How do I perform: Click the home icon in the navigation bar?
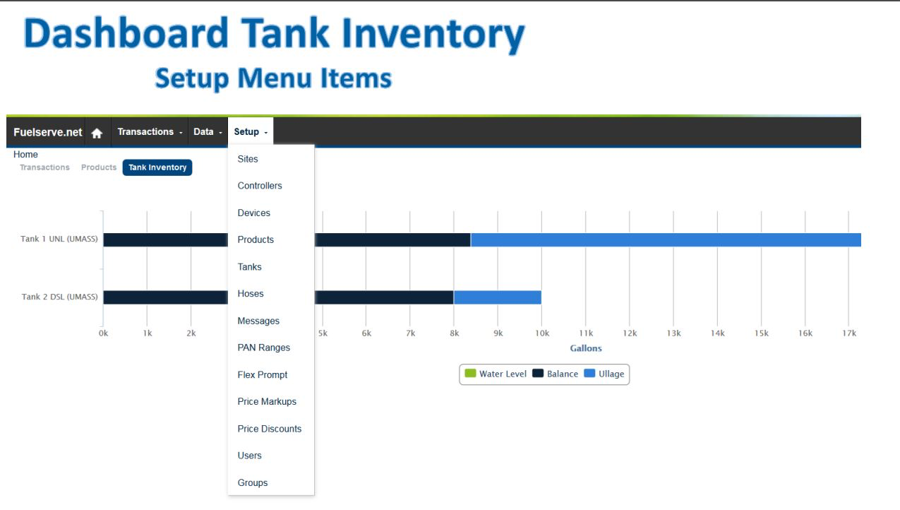pos(97,133)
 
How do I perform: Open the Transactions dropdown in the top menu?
pos(150,132)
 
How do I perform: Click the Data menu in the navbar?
pos(208,132)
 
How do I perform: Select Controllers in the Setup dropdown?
pos(260,186)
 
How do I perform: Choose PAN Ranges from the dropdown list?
pos(263,348)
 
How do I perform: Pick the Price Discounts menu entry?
pos(269,429)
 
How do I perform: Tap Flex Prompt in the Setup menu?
pos(263,375)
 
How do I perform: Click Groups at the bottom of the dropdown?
pos(252,482)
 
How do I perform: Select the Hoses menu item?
pos(251,294)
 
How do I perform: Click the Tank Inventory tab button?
pos(157,167)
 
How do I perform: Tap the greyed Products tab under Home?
pos(98,167)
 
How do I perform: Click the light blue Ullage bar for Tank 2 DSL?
pos(498,297)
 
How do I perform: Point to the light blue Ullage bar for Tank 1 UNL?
pos(666,239)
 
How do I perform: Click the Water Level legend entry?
pos(495,374)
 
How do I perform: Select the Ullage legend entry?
pos(604,374)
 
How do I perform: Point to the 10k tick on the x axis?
pos(542,333)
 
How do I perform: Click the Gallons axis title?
pos(586,348)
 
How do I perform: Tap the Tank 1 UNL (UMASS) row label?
pos(59,239)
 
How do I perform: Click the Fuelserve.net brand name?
pos(47,132)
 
